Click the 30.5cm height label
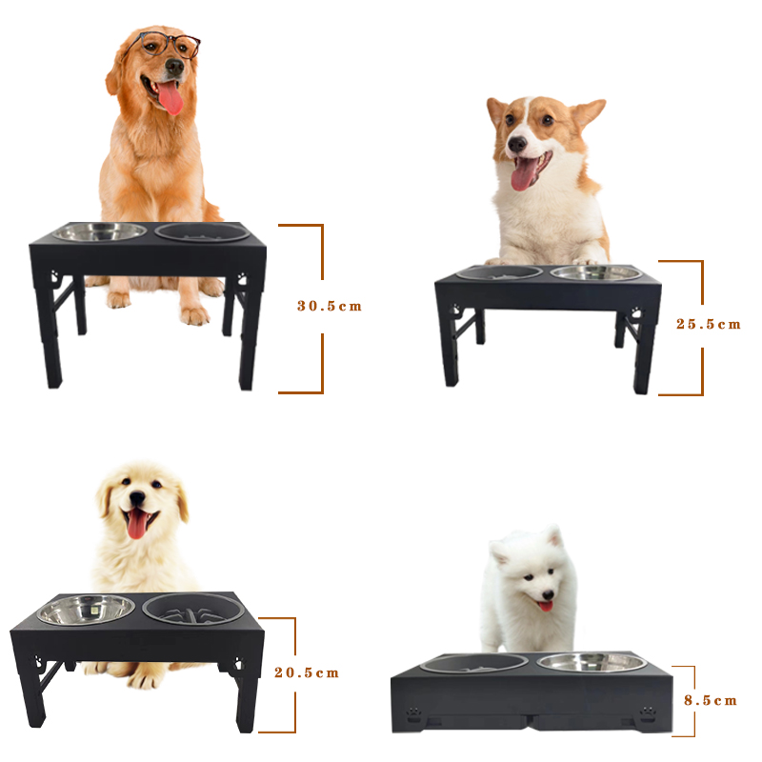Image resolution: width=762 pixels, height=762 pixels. (x=330, y=306)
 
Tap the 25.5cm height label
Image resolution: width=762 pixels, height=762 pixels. (x=709, y=324)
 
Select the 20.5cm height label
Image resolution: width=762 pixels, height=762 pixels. (x=307, y=672)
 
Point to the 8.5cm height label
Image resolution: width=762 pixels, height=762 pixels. (x=711, y=700)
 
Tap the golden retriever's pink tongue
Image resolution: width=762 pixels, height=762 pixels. (x=170, y=97)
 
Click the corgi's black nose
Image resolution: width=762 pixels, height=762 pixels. (x=517, y=144)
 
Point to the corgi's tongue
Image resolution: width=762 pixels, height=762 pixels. (x=522, y=173)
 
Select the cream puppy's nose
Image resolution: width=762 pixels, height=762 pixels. (x=137, y=497)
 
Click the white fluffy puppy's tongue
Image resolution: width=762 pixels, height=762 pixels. (x=545, y=606)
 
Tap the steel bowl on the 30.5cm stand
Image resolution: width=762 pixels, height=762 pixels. (x=99, y=231)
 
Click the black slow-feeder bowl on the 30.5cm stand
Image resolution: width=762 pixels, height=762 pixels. (x=203, y=232)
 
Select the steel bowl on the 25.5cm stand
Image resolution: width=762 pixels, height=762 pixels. (x=596, y=273)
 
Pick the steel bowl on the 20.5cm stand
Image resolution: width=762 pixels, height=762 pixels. (x=86, y=610)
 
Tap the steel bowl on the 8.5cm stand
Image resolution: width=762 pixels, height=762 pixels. (x=591, y=662)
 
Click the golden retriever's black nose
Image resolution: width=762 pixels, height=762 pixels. (x=174, y=66)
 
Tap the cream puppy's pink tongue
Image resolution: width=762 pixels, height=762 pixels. (x=136, y=524)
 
